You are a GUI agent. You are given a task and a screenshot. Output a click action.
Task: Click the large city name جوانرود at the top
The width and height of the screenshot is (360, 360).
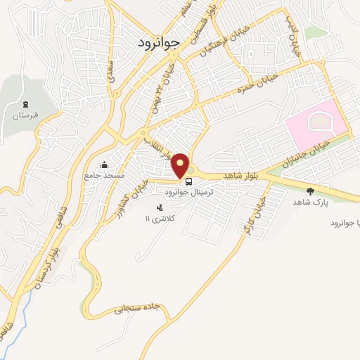[x=161, y=41]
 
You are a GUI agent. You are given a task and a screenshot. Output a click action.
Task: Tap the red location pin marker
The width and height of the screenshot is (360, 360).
[x=180, y=165]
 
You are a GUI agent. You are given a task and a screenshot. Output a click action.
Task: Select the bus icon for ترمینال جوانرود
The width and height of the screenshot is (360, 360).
[x=188, y=179]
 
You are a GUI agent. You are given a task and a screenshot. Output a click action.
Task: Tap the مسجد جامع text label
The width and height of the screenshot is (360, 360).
[x=105, y=175]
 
